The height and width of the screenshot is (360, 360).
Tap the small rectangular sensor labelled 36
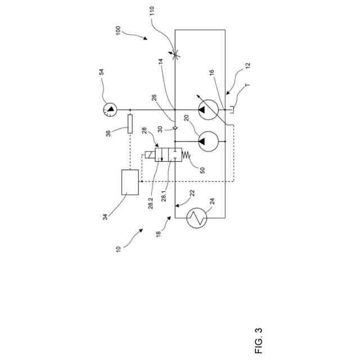pyautogui.click(x=130, y=123)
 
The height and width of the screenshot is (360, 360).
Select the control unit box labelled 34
pyautogui.click(x=130, y=182)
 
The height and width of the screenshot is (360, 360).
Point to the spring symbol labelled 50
pyautogui.click(x=187, y=156)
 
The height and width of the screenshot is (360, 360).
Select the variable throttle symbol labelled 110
pyautogui.click(x=175, y=55)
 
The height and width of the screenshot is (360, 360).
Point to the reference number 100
pyautogui.click(x=118, y=30)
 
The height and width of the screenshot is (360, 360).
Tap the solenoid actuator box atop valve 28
pyautogui.click(x=148, y=155)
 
